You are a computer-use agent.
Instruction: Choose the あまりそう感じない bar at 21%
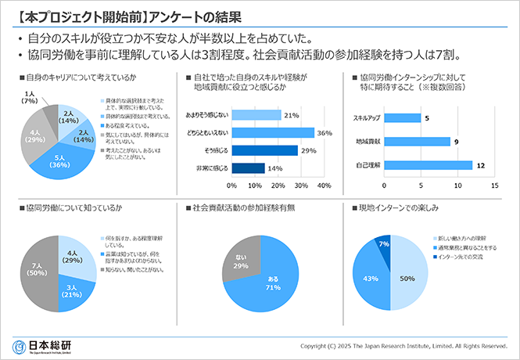256,116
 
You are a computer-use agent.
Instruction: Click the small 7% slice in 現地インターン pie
383,246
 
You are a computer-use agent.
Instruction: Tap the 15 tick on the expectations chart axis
493,186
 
